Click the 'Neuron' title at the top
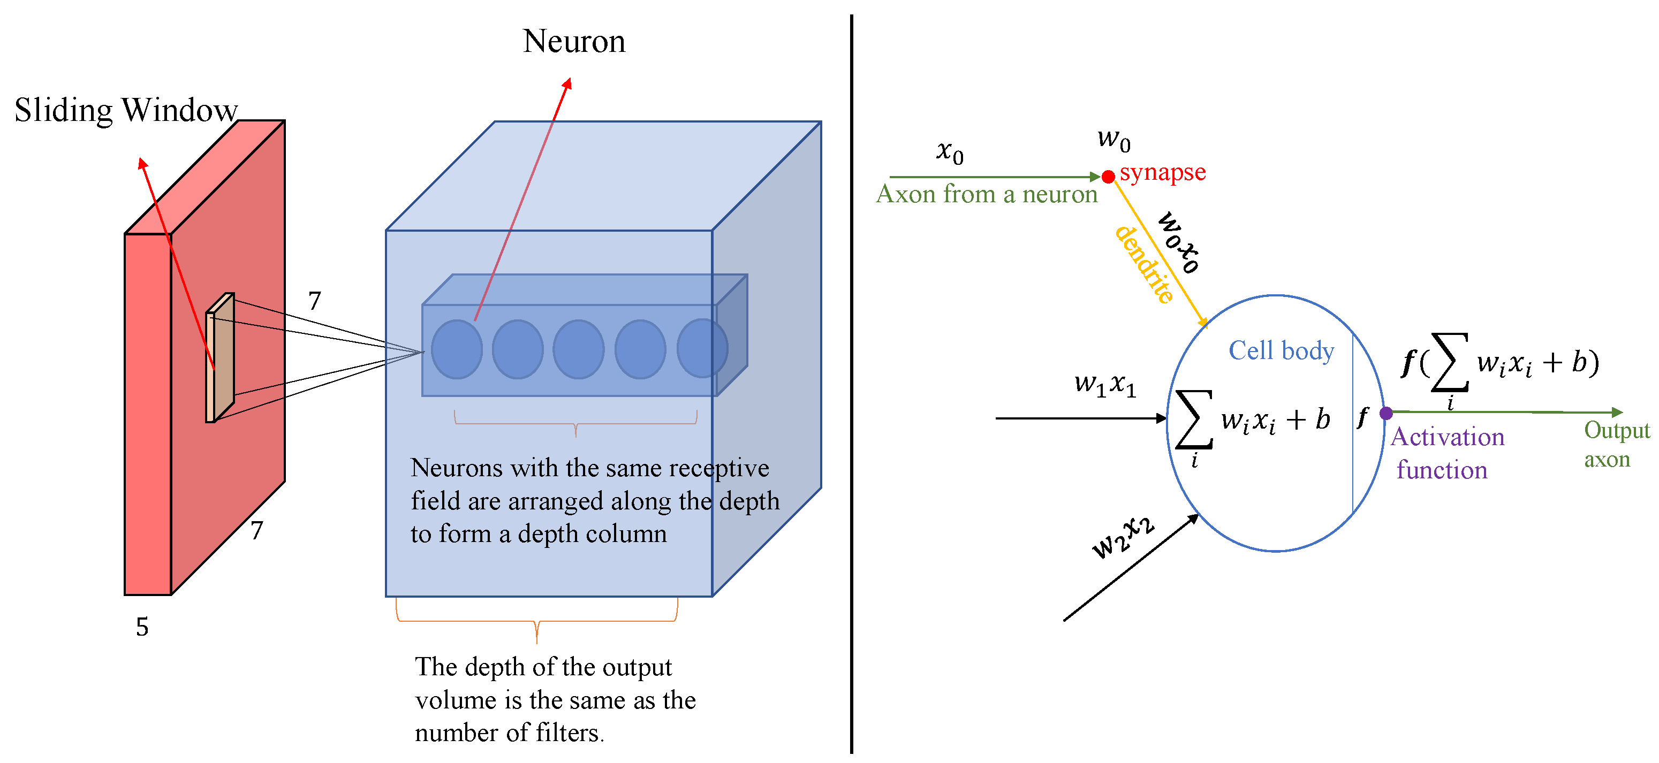click(573, 41)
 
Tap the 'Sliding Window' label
click(126, 110)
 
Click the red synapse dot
click(1108, 177)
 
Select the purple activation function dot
click(1386, 413)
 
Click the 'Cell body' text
click(1281, 351)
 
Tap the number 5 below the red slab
click(142, 627)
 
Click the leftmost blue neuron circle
click(457, 349)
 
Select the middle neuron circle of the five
click(578, 349)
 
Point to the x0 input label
click(949, 152)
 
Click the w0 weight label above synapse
click(1113, 139)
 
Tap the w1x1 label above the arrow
click(1104, 384)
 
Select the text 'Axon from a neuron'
click(986, 194)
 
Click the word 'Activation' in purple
click(1447, 437)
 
